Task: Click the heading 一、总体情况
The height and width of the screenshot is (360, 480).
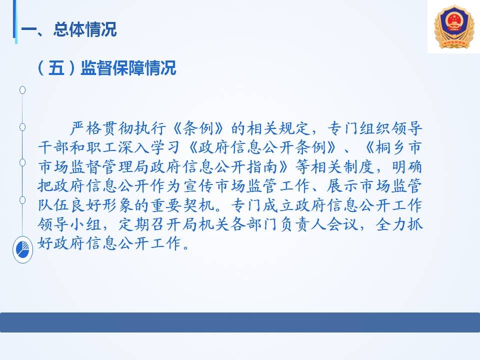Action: click(69, 29)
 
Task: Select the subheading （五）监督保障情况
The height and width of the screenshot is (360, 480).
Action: click(106, 67)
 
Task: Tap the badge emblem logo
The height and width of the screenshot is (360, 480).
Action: click(454, 26)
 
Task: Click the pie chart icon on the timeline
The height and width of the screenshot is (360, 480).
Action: click(22, 250)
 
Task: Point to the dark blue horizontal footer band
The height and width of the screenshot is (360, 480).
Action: click(240, 322)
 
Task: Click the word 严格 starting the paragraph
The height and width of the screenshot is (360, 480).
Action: click(85, 128)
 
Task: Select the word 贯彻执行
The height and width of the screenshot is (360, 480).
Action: click(134, 128)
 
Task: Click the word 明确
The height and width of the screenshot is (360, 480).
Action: click(407, 167)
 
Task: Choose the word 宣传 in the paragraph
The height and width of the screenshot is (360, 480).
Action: click(198, 186)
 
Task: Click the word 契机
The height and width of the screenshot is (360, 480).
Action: click(198, 205)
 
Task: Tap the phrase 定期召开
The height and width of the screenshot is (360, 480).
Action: click(150, 224)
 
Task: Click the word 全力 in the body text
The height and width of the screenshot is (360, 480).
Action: click(391, 224)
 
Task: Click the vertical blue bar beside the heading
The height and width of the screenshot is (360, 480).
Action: click(15, 21)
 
